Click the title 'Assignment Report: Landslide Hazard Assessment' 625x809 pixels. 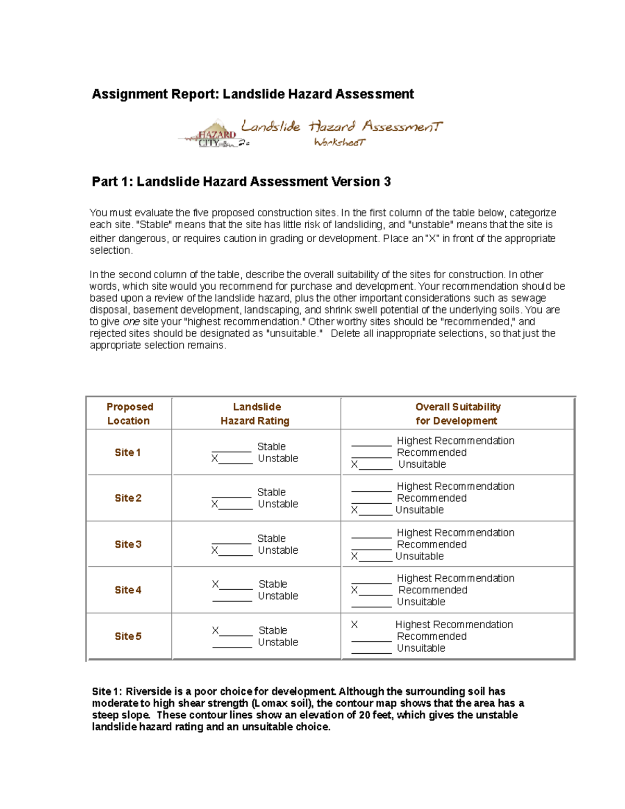click(253, 94)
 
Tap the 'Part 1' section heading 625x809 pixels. click(241, 182)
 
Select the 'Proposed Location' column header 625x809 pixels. click(129, 414)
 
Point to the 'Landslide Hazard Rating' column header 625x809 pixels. click(256, 414)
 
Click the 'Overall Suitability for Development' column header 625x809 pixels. click(457, 414)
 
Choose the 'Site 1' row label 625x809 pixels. click(128, 453)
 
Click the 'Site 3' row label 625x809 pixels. click(128, 544)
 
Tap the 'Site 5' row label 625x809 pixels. click(128, 636)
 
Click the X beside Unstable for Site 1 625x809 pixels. click(215, 458)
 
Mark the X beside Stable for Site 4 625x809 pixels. click(215, 584)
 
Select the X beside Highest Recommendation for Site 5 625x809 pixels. click(354, 625)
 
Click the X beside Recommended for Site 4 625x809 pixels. click(354, 590)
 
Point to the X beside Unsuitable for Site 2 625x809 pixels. click(354, 510)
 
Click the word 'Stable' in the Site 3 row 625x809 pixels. click(271, 539)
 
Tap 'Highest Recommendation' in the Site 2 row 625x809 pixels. click(455, 487)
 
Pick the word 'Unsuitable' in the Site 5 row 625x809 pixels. click(421, 648)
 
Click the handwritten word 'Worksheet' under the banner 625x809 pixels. click(340, 142)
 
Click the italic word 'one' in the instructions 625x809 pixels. click(131, 322)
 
